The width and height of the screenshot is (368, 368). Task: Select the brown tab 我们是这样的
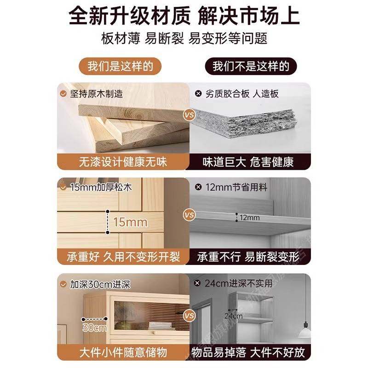(x=121, y=66)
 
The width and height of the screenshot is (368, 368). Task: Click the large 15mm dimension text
(x=130, y=223)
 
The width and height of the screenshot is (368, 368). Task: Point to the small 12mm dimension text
(x=250, y=217)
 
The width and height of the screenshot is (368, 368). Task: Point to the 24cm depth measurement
(x=234, y=316)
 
